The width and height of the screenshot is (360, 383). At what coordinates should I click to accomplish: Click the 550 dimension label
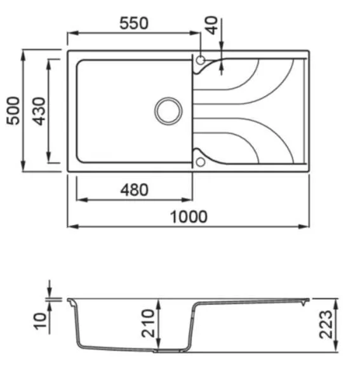pyautogui.click(x=134, y=24)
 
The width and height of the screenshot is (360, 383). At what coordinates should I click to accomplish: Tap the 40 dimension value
pyautogui.click(x=212, y=25)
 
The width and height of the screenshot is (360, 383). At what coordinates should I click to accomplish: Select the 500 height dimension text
pyautogui.click(x=13, y=111)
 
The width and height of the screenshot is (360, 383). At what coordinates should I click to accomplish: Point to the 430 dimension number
pyautogui.click(x=39, y=111)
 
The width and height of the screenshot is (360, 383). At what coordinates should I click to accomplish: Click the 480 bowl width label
pyautogui.click(x=135, y=190)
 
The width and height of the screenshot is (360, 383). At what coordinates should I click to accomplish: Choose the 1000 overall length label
pyautogui.click(x=189, y=217)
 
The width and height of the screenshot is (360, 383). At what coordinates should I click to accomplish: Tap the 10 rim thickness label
pyautogui.click(x=40, y=321)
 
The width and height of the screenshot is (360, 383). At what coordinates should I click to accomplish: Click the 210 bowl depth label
pyautogui.click(x=148, y=323)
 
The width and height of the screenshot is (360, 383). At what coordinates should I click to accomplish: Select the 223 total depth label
pyautogui.click(x=326, y=325)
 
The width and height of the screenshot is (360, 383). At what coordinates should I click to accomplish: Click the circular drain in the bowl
pyautogui.click(x=168, y=111)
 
